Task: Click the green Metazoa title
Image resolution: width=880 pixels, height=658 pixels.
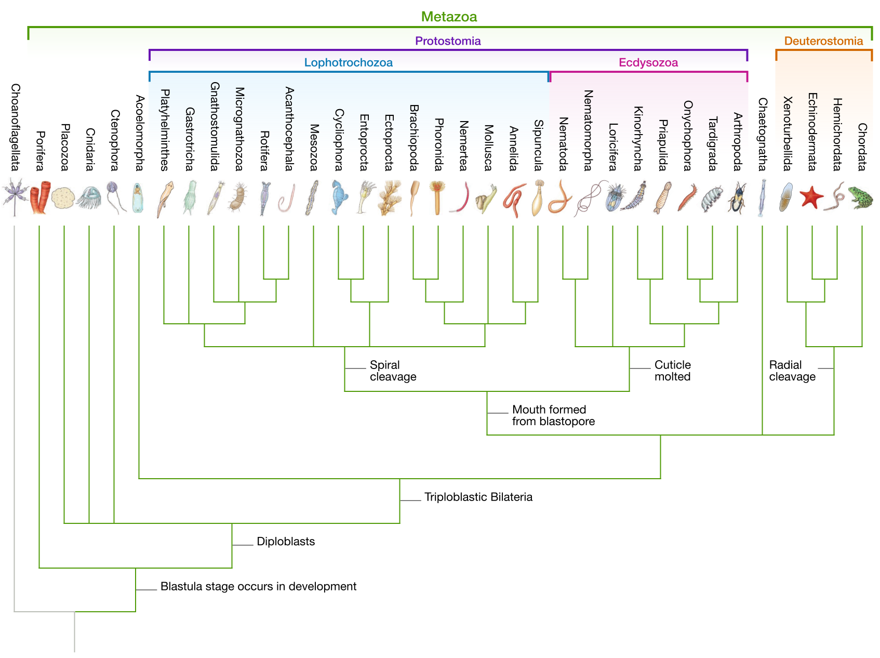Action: point(449,17)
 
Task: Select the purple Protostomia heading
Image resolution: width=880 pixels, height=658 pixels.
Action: point(448,41)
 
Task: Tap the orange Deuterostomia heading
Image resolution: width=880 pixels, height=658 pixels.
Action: point(823,41)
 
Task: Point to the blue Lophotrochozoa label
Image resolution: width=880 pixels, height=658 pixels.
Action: point(348,63)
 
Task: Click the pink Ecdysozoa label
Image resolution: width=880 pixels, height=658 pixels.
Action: point(648,63)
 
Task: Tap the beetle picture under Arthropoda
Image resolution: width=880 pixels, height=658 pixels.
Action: point(737,198)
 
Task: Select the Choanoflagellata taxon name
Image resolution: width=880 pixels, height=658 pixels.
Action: point(16,127)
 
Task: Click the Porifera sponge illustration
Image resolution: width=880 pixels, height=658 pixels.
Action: point(40,198)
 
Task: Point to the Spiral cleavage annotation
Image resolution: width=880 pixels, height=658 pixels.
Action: point(393,371)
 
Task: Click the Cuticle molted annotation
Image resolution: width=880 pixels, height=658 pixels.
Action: point(672,371)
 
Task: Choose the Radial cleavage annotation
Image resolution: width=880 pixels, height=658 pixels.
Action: point(792,371)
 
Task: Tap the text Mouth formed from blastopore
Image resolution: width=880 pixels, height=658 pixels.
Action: point(553,415)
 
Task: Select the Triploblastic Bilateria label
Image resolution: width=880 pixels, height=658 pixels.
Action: point(478,497)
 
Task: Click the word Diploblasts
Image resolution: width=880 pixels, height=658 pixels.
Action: point(286,542)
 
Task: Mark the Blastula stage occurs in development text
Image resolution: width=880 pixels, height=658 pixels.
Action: point(258,586)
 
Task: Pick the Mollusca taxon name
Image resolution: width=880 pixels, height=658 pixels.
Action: point(488,148)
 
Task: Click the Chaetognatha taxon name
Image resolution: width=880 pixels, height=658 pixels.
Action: point(763,134)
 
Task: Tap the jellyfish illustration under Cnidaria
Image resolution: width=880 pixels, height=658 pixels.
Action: point(89,198)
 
